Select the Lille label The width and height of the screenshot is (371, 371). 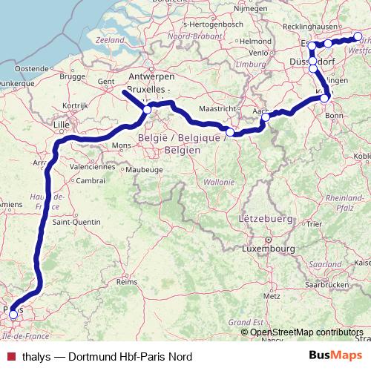[61, 125]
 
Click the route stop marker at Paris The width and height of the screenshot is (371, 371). [13, 315]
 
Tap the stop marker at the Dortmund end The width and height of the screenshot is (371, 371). [358, 36]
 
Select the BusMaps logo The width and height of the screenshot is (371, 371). [335, 356]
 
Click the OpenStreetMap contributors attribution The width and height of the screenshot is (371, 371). [306, 332]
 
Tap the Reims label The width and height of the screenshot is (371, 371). [128, 283]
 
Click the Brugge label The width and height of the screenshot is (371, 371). [74, 76]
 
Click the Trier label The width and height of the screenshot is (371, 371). [314, 223]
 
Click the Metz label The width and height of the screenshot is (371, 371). [271, 295]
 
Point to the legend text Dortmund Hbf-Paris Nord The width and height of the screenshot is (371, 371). [131, 357]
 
